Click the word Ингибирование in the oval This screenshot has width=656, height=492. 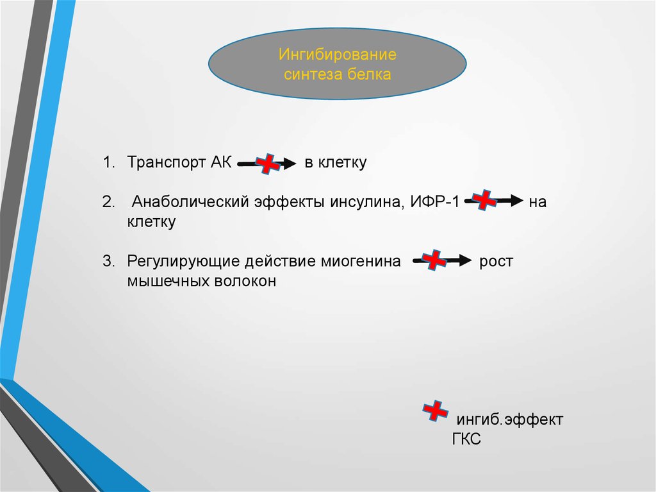click(x=337, y=55)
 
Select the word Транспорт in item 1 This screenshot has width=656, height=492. click(x=166, y=162)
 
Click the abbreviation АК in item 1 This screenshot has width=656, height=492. click(x=221, y=162)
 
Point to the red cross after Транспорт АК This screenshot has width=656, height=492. click(x=268, y=164)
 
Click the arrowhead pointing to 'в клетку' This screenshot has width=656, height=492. click(x=290, y=163)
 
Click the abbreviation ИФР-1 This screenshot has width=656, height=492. click(x=434, y=201)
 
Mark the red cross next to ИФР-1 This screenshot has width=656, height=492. click(x=484, y=200)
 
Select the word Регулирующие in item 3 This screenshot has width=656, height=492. click(x=183, y=262)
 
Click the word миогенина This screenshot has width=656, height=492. click(x=361, y=261)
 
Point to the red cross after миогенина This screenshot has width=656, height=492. click(x=434, y=260)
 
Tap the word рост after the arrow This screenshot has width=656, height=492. click(x=496, y=262)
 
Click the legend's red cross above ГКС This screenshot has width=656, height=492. click(x=435, y=411)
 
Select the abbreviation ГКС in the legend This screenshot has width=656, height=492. click(x=466, y=439)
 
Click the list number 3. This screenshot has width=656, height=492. click(x=108, y=261)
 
